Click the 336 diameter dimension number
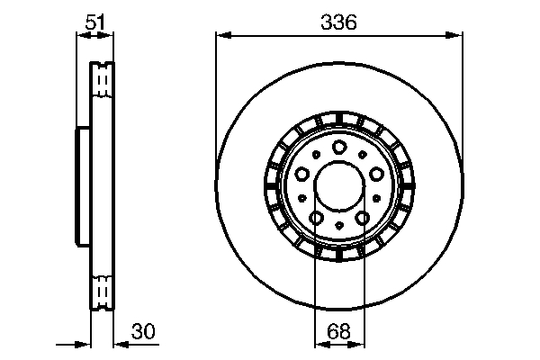pyautogui.click(x=338, y=22)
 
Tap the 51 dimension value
pyautogui.click(x=94, y=22)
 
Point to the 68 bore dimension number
pyautogui.click(x=338, y=331)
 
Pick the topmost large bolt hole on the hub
pyautogui.click(x=338, y=148)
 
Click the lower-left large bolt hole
pyautogui.click(x=316, y=217)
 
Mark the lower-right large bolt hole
pyautogui.click(x=361, y=217)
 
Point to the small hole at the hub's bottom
pyautogui.click(x=338, y=225)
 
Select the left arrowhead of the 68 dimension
pyautogui.click(x=319, y=344)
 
